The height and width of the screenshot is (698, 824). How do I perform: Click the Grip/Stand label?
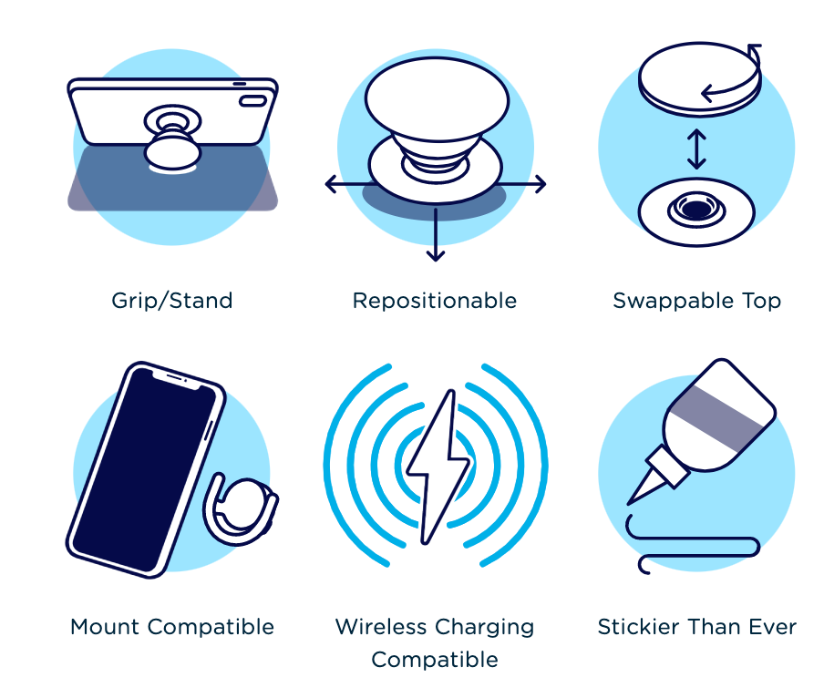(172, 301)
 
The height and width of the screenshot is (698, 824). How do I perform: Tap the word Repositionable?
(435, 301)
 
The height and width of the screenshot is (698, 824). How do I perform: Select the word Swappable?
(674, 301)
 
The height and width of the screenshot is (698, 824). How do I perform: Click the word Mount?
(105, 627)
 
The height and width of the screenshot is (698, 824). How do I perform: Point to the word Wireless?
(381, 627)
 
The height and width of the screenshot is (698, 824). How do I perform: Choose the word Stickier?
(637, 627)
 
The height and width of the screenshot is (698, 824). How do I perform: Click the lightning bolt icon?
(438, 467)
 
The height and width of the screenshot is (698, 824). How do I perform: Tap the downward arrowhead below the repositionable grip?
(436, 255)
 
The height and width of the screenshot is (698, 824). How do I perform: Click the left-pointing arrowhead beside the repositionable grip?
(331, 184)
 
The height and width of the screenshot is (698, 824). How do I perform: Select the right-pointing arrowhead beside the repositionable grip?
(541, 184)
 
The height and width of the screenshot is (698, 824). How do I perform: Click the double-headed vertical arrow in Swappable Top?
(696, 149)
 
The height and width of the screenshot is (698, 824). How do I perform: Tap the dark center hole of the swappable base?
(696, 209)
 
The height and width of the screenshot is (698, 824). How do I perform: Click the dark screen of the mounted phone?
(144, 470)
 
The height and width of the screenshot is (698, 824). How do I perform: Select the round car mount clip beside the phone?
(242, 508)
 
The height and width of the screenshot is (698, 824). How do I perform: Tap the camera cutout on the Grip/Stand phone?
(253, 101)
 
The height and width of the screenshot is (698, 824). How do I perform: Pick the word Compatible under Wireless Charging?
(435, 660)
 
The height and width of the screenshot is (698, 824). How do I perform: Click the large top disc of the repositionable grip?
(437, 98)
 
